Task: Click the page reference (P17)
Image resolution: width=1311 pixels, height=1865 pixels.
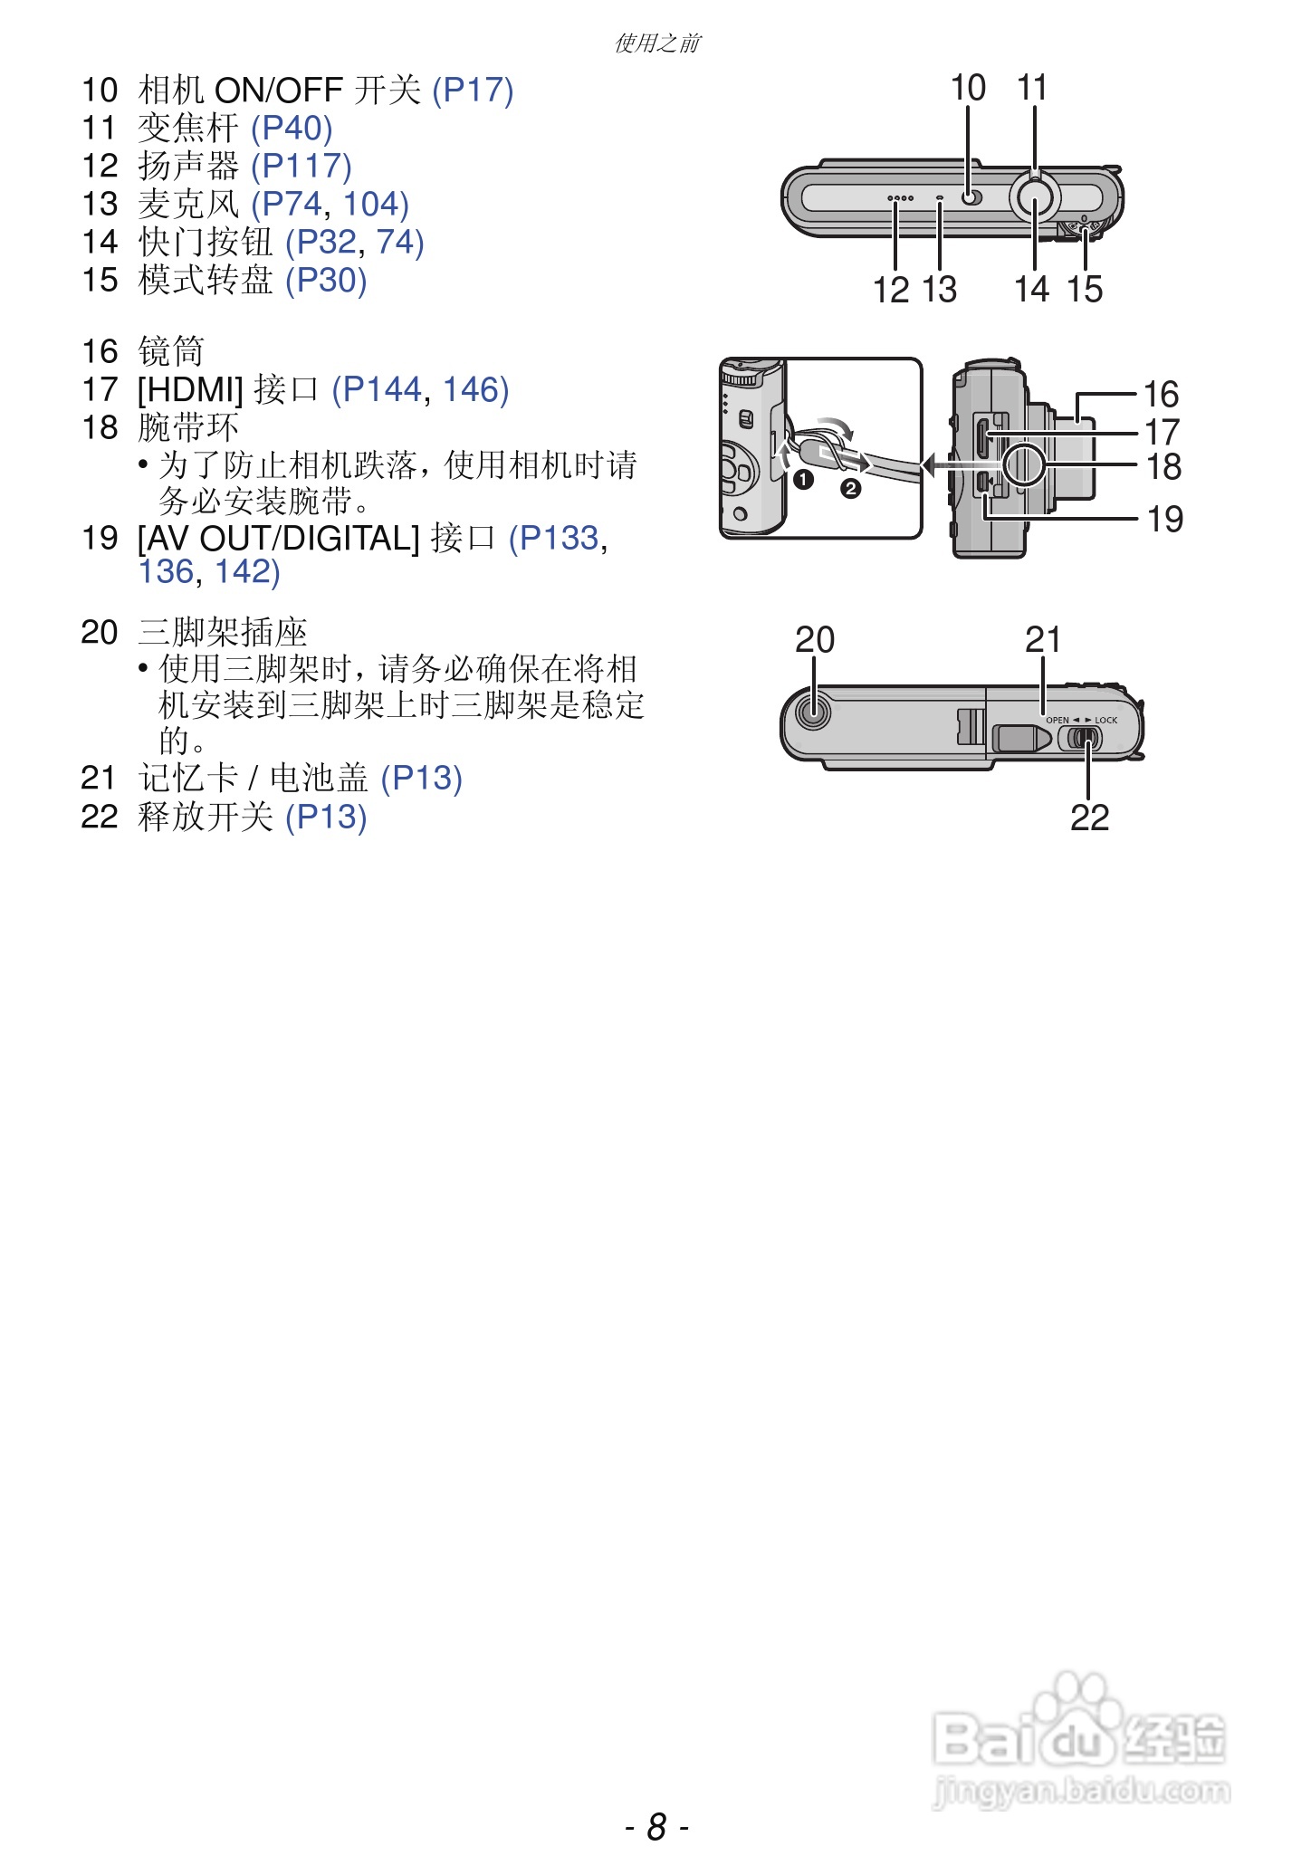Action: point(473,91)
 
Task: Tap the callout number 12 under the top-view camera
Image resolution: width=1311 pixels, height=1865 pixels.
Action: point(891,290)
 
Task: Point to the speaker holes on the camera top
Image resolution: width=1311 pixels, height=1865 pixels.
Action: point(900,197)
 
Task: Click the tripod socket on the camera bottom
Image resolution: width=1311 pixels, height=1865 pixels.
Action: point(813,712)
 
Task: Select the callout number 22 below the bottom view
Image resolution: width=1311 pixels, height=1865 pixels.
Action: point(1089,818)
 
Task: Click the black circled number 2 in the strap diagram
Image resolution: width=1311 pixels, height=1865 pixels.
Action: point(850,490)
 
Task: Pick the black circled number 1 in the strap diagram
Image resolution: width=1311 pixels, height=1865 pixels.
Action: point(803,479)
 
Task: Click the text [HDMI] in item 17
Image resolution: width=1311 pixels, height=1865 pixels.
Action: point(190,390)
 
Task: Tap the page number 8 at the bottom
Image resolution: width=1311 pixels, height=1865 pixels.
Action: point(656,1827)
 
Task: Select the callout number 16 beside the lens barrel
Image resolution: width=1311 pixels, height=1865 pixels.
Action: point(1161,394)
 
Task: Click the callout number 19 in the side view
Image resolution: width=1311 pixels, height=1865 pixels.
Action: point(1164,519)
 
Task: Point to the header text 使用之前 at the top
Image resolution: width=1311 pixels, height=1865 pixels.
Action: point(657,43)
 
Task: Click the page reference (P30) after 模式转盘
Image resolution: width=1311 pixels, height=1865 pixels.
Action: point(326,281)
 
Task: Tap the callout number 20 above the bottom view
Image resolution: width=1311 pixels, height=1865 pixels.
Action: point(814,640)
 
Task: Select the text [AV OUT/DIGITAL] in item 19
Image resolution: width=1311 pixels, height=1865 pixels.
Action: point(278,539)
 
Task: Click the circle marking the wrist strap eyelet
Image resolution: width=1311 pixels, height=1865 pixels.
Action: point(1025,464)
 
